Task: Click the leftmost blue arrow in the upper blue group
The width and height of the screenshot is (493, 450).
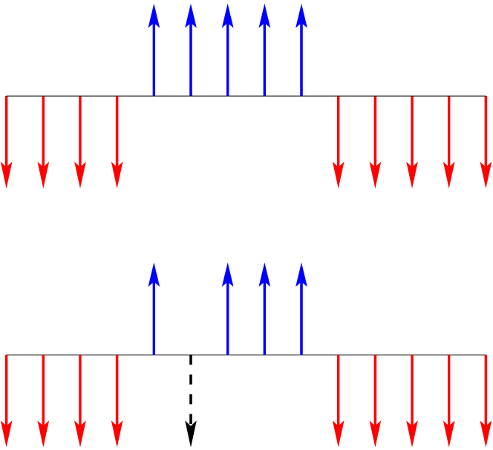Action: click(154, 52)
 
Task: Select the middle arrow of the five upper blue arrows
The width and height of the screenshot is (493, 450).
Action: click(228, 52)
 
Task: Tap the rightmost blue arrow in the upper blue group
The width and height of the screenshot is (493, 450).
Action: click(301, 52)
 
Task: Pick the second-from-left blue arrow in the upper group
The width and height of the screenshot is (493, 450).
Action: click(191, 52)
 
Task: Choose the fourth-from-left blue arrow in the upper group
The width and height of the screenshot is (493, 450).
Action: click(264, 52)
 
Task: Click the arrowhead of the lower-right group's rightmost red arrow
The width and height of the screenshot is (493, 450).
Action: click(486, 435)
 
